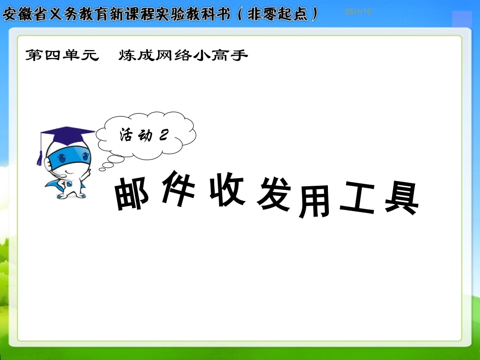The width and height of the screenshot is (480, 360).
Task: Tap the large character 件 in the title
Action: (x=177, y=189)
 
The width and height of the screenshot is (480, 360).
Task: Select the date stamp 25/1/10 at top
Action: (x=358, y=12)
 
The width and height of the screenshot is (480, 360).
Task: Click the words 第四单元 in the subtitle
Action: (x=61, y=56)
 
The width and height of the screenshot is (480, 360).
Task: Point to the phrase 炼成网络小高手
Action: (x=183, y=56)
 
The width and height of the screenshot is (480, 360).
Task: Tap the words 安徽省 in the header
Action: (x=22, y=14)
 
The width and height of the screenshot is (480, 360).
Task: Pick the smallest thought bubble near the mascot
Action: (x=102, y=169)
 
